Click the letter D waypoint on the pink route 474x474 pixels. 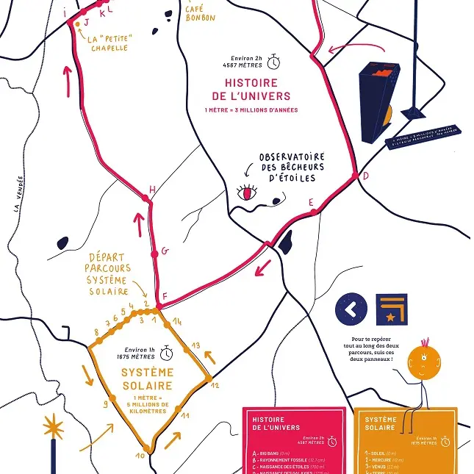365,176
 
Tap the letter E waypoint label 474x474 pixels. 311,201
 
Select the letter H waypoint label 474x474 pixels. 152,190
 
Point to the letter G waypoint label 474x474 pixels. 165,251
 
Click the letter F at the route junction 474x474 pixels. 165,297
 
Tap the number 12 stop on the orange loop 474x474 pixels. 215,384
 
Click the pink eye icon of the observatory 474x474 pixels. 247,193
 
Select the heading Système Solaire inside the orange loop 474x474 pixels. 147,379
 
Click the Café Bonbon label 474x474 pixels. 200,12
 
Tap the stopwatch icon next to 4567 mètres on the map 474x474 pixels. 275,60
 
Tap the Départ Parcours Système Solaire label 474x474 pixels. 107,274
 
